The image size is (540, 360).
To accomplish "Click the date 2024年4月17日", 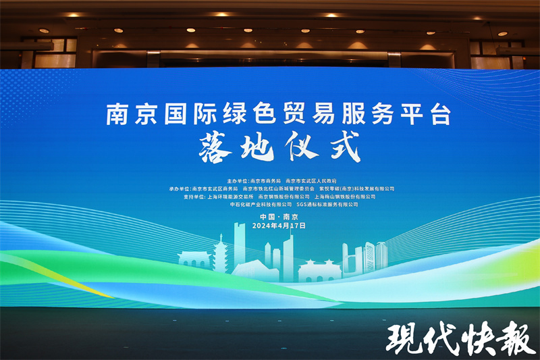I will tap(278, 226).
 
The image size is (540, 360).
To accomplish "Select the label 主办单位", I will tap(237, 181).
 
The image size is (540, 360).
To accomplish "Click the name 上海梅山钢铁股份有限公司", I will tap(344, 197).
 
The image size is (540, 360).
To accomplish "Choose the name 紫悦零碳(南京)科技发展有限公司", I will tap(358, 189).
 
